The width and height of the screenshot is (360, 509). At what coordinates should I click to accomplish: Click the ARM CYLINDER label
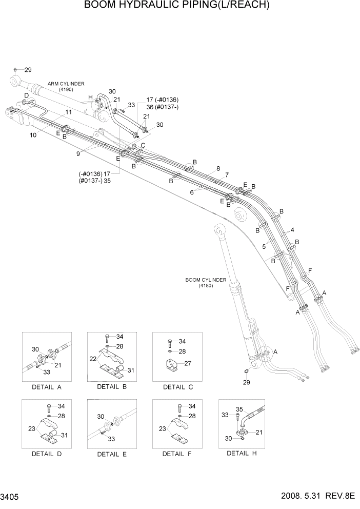(66, 83)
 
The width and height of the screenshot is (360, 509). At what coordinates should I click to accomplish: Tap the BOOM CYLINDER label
(206, 280)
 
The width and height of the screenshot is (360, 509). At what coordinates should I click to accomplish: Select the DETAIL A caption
(46, 387)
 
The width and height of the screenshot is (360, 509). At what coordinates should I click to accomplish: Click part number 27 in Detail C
(188, 363)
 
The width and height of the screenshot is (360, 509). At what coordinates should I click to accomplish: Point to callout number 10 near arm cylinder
(33, 135)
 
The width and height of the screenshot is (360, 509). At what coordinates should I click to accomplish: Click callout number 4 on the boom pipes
(292, 230)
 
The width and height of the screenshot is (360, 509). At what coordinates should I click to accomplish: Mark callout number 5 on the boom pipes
(264, 247)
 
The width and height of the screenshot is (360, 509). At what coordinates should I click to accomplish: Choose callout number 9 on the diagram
(78, 153)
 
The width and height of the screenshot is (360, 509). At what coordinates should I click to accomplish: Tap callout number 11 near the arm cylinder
(68, 111)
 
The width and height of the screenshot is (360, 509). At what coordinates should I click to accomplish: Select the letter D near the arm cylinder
(26, 96)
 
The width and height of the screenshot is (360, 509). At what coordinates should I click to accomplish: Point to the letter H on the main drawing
(90, 97)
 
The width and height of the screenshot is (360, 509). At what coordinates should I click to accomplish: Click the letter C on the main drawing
(143, 145)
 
